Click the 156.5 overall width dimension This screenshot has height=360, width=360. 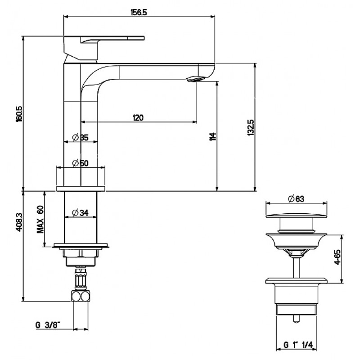[x=139, y=13]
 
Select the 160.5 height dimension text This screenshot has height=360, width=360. [x=19, y=114]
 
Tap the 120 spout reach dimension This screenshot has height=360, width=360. [x=138, y=117]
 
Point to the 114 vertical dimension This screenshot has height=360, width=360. [x=213, y=136]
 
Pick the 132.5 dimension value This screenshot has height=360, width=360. [x=251, y=127]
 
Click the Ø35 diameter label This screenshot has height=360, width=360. [x=81, y=138]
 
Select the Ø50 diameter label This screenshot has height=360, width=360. [x=81, y=163]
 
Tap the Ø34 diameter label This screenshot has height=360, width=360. [x=81, y=213]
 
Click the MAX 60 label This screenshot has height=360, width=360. [x=40, y=219]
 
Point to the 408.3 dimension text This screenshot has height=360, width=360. [x=19, y=222]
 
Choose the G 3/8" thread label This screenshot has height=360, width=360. [x=48, y=325]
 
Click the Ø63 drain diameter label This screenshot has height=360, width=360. [x=296, y=199]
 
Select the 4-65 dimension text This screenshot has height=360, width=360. [x=337, y=257]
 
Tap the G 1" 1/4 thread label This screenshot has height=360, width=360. [x=298, y=345]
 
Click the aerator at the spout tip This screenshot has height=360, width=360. [x=195, y=79]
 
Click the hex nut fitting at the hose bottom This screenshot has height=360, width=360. [x=81, y=296]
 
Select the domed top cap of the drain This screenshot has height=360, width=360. [x=296, y=216]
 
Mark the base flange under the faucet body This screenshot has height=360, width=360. [x=81, y=189]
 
